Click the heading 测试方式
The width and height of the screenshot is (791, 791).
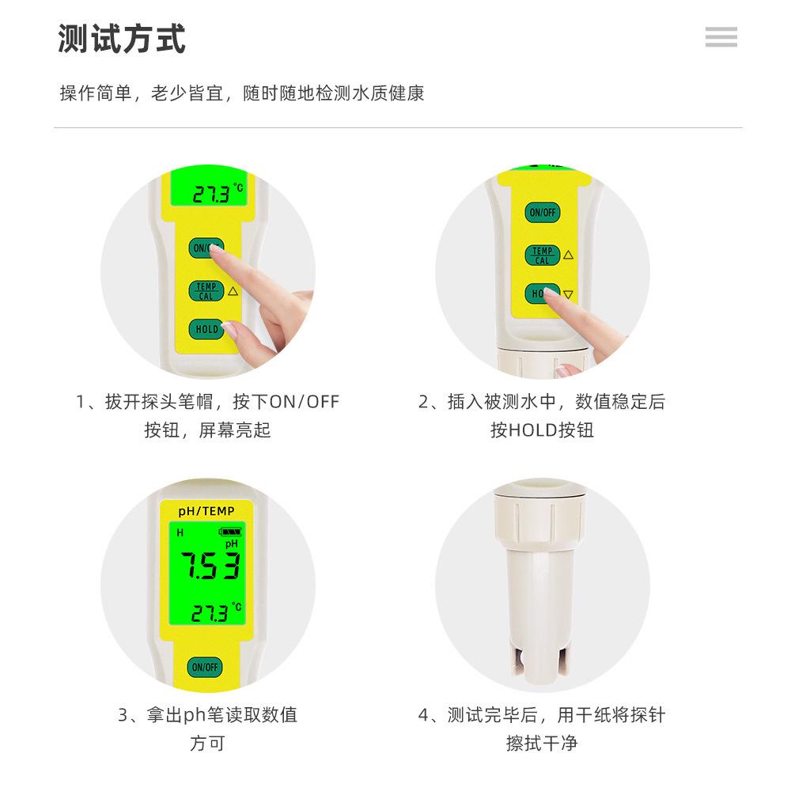tap(122, 39)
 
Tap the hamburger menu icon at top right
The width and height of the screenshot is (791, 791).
tap(721, 36)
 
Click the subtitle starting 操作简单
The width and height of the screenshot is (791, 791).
tap(242, 93)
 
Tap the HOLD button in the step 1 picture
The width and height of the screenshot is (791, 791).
tap(206, 329)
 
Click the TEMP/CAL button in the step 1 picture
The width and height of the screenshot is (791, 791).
tap(206, 291)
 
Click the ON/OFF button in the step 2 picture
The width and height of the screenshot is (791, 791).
tap(543, 212)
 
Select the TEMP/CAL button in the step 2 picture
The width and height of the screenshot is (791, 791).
tap(543, 255)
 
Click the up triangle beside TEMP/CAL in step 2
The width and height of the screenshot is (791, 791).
tap(568, 255)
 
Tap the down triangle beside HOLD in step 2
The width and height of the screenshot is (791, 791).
tap(568, 295)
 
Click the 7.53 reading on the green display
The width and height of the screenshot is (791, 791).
tap(209, 566)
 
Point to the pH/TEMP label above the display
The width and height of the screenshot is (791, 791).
tap(206, 512)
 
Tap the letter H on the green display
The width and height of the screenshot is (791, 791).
tap(180, 533)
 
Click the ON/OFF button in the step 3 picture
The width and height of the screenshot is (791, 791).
tap(205, 666)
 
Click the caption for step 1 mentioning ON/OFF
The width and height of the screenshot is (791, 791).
tap(208, 402)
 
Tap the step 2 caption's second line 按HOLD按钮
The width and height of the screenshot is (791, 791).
tap(542, 430)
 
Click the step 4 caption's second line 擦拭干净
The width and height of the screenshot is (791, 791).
tap(542, 744)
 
